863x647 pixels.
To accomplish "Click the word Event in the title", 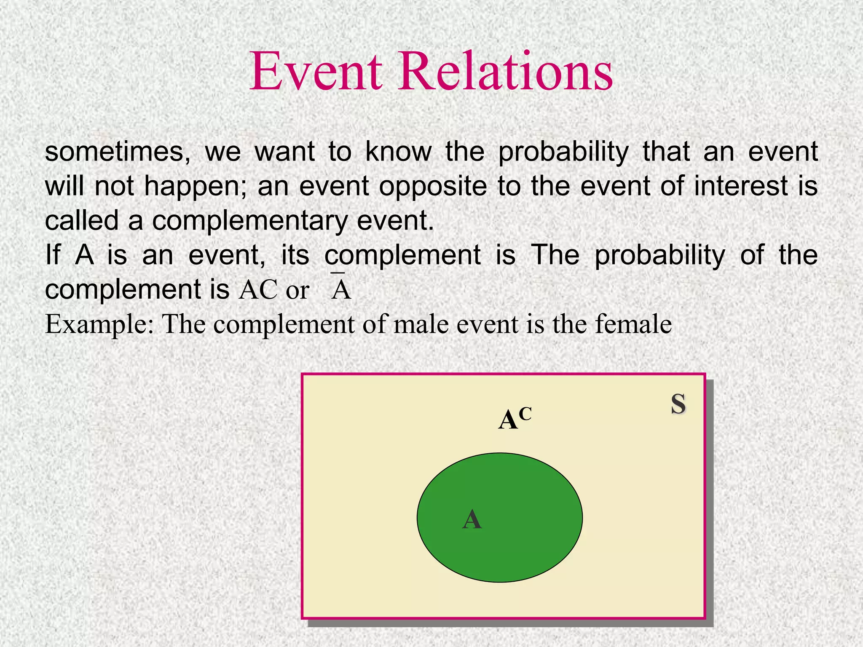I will [316, 72].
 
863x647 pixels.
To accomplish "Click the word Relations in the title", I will [505, 72].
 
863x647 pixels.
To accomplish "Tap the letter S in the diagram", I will [678, 404].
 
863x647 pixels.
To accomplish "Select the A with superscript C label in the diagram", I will [515, 419].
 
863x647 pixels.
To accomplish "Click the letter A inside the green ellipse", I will [472, 519].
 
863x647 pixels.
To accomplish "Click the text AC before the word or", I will [258, 290].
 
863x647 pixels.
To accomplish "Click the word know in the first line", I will [399, 152].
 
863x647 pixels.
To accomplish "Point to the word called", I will [82, 221].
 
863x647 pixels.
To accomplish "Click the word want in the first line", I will [285, 152].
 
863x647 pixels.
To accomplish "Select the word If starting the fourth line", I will [53, 255].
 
